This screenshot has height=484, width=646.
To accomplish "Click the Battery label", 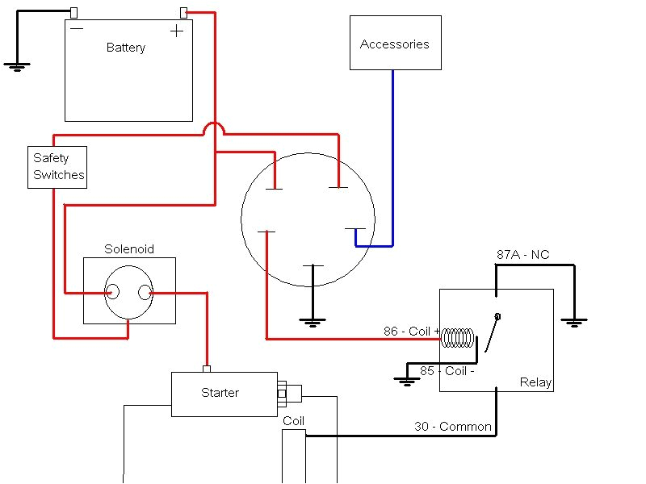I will click(x=126, y=48).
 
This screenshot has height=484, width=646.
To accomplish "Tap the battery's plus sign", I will click(x=176, y=31).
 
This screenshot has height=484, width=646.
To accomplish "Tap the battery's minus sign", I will click(x=77, y=28).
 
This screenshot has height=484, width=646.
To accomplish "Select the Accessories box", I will click(x=395, y=43).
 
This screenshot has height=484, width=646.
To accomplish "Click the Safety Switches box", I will click(x=57, y=167).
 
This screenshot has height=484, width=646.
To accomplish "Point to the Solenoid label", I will click(x=129, y=249).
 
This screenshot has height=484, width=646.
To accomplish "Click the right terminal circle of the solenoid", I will click(x=145, y=293).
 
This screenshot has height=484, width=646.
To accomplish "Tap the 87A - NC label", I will click(x=522, y=255).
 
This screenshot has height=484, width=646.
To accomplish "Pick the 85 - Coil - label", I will click(x=447, y=371).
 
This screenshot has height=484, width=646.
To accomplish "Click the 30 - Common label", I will click(x=452, y=426).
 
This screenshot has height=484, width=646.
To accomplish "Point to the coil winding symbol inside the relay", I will click(x=458, y=338).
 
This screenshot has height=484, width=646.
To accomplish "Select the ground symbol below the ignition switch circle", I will click(x=313, y=322).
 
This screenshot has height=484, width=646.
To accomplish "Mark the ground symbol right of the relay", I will click(x=574, y=323).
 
